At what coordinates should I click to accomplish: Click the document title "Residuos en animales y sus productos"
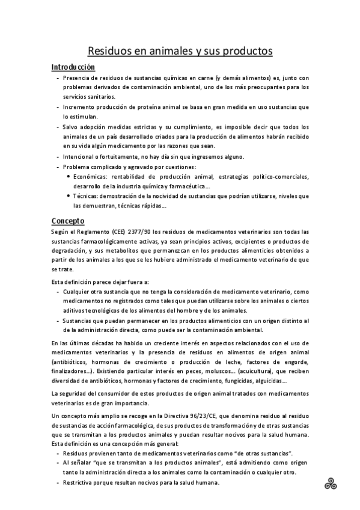[180, 51]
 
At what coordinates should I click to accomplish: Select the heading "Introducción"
[73, 67]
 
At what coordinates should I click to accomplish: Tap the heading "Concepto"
[68, 221]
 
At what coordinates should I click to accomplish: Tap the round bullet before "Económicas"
[67, 176]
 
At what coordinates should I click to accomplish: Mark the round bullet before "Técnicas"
[67, 196]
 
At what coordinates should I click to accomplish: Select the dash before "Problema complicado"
[57, 167]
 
